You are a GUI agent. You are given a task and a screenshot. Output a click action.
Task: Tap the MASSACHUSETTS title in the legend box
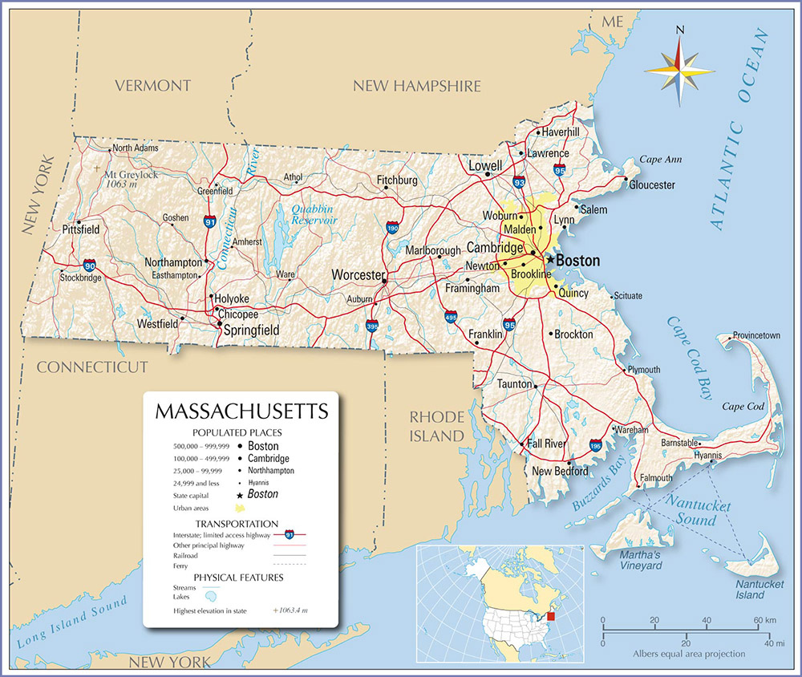point(241,411)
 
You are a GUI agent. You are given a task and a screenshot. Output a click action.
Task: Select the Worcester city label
point(358,275)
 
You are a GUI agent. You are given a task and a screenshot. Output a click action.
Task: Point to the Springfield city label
point(251,330)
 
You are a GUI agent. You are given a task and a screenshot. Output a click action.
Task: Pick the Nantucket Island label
point(759,590)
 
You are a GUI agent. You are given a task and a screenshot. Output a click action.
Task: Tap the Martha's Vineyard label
point(640,560)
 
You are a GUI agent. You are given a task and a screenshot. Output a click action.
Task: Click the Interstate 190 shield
point(392,228)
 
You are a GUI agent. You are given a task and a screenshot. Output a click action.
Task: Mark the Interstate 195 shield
point(595,444)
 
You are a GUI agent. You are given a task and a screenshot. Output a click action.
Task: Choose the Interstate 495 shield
point(451,318)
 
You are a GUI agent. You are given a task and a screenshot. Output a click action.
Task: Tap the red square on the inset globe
point(549,616)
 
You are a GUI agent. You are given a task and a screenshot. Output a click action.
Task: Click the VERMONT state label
point(152,85)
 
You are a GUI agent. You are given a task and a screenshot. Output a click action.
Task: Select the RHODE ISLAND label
point(436,426)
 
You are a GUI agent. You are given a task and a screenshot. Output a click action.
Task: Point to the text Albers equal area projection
point(687,653)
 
